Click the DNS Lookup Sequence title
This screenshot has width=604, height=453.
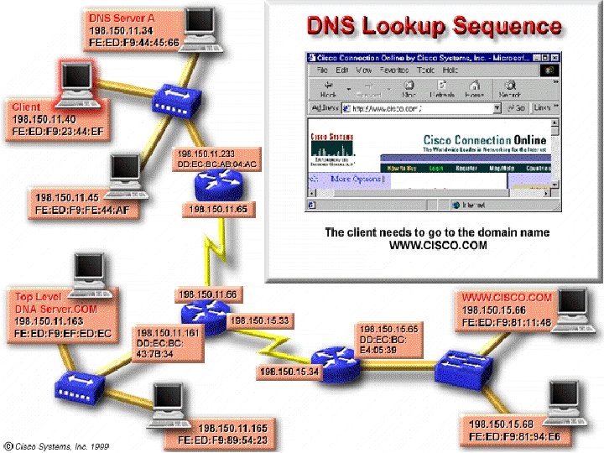point(432,26)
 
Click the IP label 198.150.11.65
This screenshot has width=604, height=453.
point(218,208)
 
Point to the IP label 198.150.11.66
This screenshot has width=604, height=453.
point(206,294)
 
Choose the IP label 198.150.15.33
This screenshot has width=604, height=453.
point(260,320)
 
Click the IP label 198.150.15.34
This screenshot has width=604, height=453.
point(289,372)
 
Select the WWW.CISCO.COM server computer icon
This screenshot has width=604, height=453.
point(574,305)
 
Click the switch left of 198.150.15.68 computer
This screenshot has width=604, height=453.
point(466,363)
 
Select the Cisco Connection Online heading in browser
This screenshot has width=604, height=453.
point(484,140)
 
